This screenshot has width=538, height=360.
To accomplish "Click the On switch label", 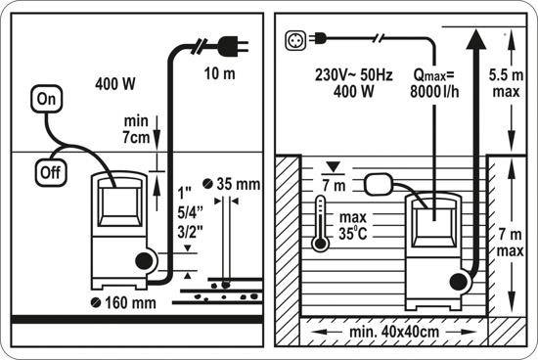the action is coord(46,99).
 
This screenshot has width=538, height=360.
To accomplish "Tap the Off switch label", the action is coord(51,172).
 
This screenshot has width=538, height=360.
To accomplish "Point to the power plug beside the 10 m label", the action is coord(232,47).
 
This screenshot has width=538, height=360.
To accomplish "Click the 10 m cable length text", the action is coord(219,73).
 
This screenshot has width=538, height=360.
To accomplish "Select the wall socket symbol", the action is coord(295,40).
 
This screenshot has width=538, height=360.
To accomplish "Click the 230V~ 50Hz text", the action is coord(354,74).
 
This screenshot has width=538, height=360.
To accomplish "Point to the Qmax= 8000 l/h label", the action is coord(434,83).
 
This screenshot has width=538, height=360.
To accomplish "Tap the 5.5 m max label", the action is coord(506,83).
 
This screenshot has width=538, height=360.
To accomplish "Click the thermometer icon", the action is coord(320,223).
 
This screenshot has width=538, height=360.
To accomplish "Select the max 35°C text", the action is coord(353,225).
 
